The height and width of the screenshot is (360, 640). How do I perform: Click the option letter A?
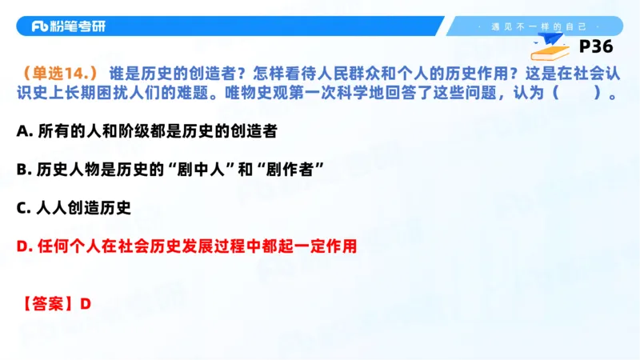[22, 130]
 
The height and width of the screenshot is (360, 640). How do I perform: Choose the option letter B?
[22, 169]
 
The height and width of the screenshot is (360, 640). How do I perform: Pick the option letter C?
[22, 208]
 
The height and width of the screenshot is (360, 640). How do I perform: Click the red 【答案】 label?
[46, 305]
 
